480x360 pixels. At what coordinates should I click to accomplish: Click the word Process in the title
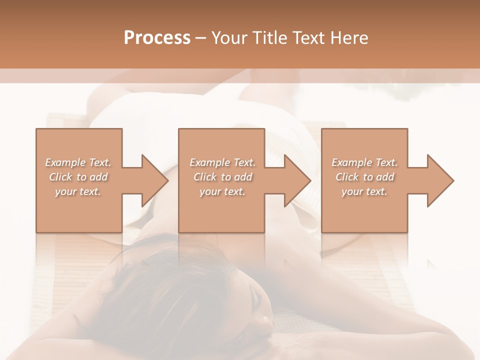[157, 37]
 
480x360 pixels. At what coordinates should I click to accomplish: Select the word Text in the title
[307, 37]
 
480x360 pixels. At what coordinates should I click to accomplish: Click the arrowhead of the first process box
[154, 180]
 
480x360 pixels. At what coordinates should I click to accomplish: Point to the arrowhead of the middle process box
[297, 180]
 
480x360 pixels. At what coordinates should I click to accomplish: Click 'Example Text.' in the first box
[78, 162]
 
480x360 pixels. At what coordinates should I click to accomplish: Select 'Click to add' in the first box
[78, 177]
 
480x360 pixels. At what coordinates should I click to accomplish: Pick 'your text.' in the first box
[78, 191]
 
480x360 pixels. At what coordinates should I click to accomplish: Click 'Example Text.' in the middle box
[222, 162]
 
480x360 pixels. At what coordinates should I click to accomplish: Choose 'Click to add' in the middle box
[222, 177]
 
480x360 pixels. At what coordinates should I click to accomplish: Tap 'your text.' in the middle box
[222, 191]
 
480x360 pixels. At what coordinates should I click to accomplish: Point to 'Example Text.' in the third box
[364, 162]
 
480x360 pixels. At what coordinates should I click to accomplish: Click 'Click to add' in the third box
[364, 177]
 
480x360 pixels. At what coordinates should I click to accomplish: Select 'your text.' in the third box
[364, 191]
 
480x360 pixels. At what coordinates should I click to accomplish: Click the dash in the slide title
[201, 38]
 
